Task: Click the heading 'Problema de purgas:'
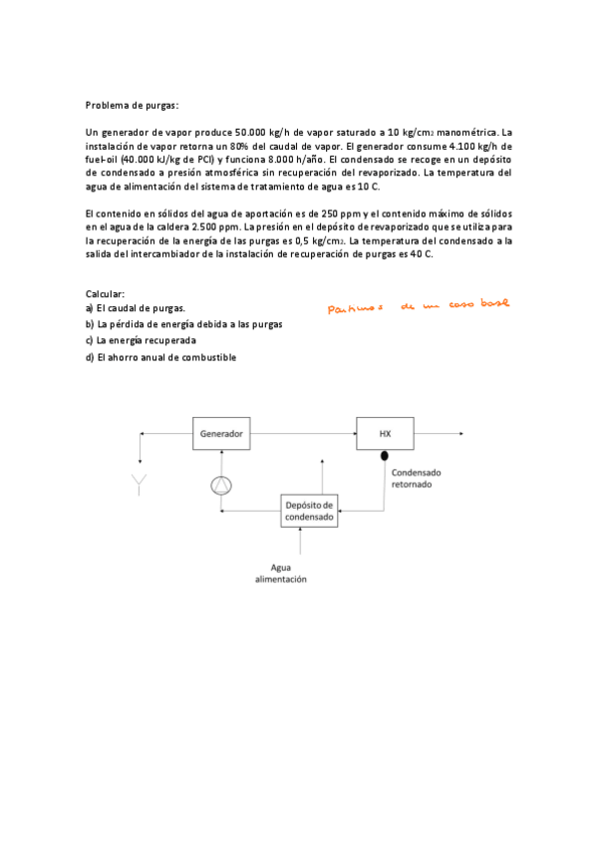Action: (x=132, y=105)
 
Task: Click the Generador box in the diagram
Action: (x=220, y=434)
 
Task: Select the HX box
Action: (x=385, y=434)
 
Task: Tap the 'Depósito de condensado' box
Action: (x=309, y=510)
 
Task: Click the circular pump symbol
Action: (x=220, y=485)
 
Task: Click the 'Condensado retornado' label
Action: (x=417, y=480)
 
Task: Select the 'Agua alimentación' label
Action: (x=281, y=573)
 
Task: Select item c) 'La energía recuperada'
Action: (x=140, y=340)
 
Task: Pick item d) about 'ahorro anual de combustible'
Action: (x=160, y=357)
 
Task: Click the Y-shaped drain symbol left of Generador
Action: (x=140, y=485)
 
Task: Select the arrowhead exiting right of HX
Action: (x=459, y=434)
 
